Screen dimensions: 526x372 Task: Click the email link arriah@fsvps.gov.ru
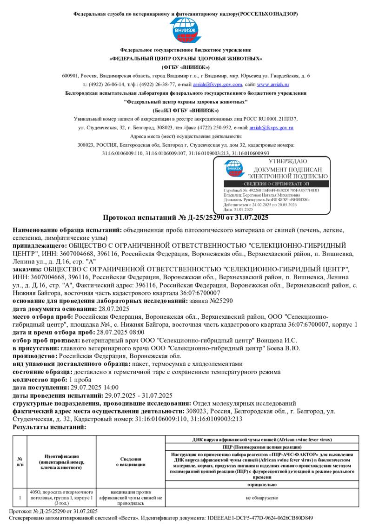pos(271,127)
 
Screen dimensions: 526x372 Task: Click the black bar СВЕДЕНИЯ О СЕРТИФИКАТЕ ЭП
pos(276,184)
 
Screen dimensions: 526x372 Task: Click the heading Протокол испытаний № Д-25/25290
pos(185,217)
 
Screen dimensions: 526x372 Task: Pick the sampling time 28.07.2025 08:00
pos(120,332)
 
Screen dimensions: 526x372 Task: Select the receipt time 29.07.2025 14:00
pos(94,388)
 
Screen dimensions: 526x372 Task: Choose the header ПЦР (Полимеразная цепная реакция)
pos(261,446)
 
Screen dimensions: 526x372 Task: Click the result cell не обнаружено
pos(262,498)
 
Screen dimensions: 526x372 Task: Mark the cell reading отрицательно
pos(262,484)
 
